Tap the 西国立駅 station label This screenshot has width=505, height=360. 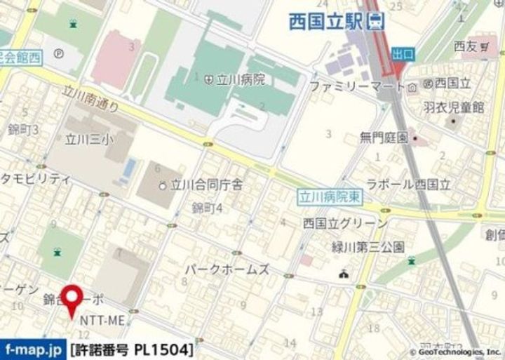[326, 22]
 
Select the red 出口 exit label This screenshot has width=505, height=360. [403, 53]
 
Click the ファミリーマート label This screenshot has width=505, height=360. [357, 87]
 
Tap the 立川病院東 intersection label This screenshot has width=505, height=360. [329, 198]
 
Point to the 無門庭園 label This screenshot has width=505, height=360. [384, 138]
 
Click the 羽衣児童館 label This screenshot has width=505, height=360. [454, 107]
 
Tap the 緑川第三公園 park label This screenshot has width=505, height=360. [368, 247]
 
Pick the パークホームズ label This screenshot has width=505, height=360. [227, 269]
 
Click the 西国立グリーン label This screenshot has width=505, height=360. [344, 223]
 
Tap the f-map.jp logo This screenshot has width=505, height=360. [33, 349]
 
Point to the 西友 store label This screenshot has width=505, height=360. [466, 46]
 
